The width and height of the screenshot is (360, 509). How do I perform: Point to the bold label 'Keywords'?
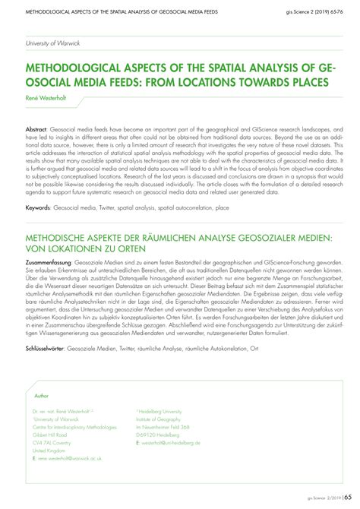41,207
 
